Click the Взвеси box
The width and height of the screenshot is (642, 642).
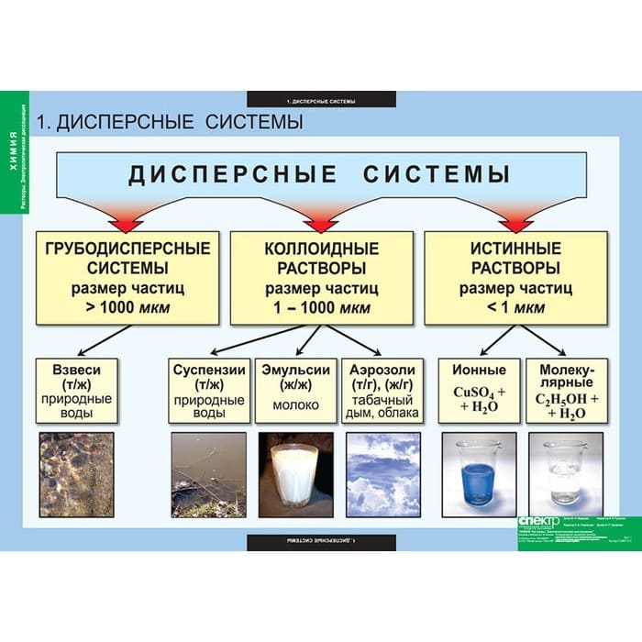(76, 390)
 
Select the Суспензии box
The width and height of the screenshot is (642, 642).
(208, 390)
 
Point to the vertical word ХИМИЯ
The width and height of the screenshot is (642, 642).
(12, 147)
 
